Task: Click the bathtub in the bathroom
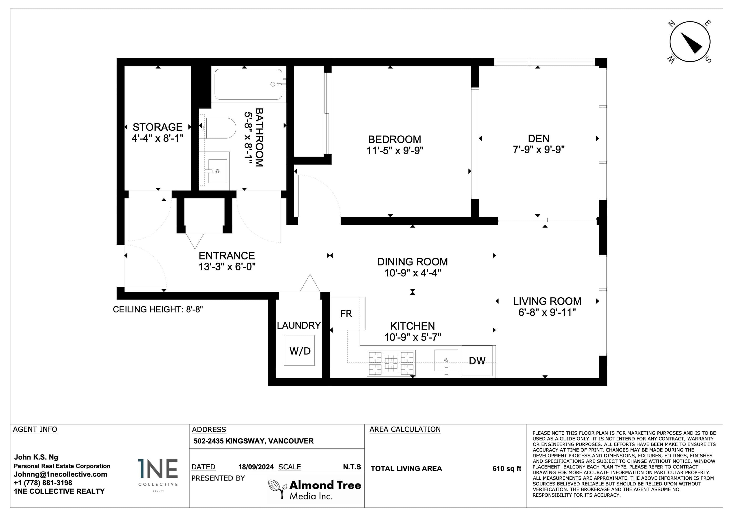coord(248,84)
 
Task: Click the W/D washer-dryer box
coord(299,350)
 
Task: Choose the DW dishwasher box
coord(477,361)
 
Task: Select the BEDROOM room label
coord(395,140)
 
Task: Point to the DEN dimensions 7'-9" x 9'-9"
coord(539,149)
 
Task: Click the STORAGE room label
coord(158,127)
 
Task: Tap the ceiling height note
coord(158,309)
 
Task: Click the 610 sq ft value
coord(507,469)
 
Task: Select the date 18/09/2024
coord(256,467)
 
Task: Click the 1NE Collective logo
coord(158,474)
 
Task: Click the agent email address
coord(60,474)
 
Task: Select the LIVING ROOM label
coord(547,301)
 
